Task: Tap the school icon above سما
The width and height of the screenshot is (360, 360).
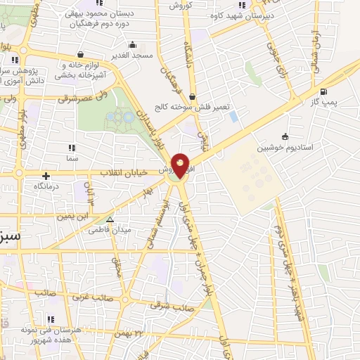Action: pyautogui.click(x=70, y=148)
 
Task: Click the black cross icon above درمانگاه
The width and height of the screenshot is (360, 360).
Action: pyautogui.click(x=46, y=176)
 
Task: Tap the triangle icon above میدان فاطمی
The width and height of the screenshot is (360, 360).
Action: pyautogui.click(x=109, y=220)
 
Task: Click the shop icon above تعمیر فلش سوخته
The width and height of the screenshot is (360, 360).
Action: pyautogui.click(x=202, y=98)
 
